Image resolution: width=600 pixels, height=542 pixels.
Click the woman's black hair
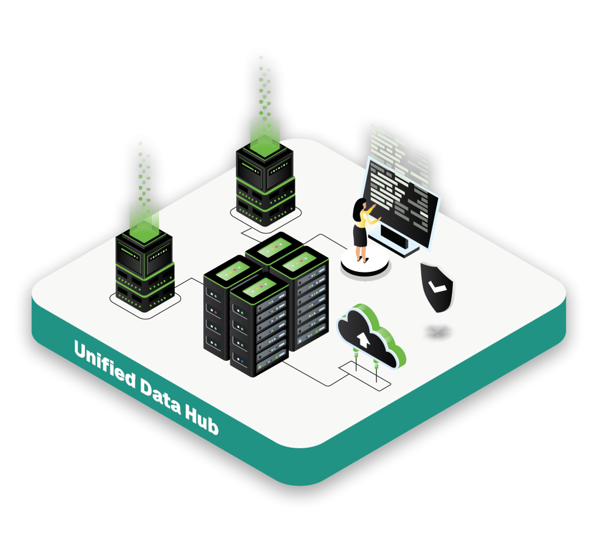(x=358, y=209)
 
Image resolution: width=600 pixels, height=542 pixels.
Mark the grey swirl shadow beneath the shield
(x=438, y=332)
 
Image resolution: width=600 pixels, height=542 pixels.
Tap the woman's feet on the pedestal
(x=362, y=258)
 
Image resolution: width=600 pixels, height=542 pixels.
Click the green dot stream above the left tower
(x=142, y=170)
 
